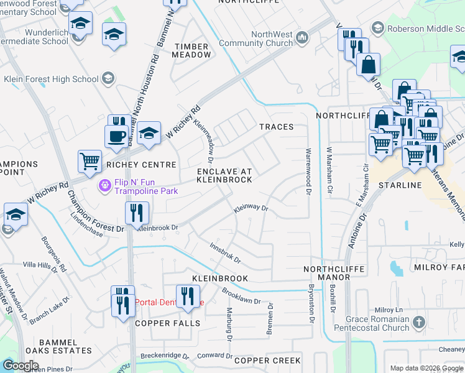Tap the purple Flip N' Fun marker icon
pos(104,185)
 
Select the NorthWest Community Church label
pos(271,39)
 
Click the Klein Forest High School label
pos(51,79)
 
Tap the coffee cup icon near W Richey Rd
pos(117,136)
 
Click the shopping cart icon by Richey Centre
pos(90,162)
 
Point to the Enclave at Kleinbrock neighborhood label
pos(224,175)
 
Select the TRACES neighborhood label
pos(277,127)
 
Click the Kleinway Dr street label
pos(251,210)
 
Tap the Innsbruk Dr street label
pos(224,252)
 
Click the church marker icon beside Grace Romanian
pos(419,322)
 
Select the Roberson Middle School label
pos(418,27)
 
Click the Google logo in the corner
pos(21,366)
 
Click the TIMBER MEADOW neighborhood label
pos(193,50)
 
